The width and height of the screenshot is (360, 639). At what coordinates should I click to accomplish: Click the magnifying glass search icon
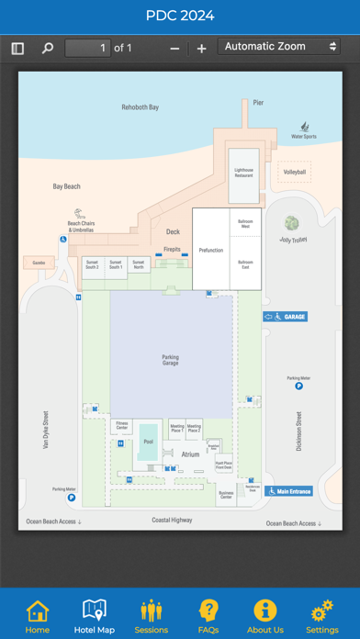tap(48, 48)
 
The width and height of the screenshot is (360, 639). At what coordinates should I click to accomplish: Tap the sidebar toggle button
tap(17, 48)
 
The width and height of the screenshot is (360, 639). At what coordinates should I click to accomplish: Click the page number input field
tap(88, 48)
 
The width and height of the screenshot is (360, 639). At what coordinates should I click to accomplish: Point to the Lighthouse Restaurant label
tap(244, 171)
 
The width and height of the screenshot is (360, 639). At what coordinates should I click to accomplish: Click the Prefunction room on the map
tap(210, 250)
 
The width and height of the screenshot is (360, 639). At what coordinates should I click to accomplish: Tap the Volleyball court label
tap(295, 172)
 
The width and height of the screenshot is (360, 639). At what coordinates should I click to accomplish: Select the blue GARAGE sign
tap(285, 317)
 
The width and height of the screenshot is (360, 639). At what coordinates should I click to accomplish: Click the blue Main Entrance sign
tap(289, 491)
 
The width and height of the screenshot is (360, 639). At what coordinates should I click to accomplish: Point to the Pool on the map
tap(149, 441)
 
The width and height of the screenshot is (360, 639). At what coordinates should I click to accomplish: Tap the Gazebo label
tap(39, 263)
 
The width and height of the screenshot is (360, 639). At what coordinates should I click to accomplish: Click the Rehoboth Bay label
tap(141, 107)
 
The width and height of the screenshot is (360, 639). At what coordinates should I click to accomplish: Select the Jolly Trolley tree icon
tap(292, 224)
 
